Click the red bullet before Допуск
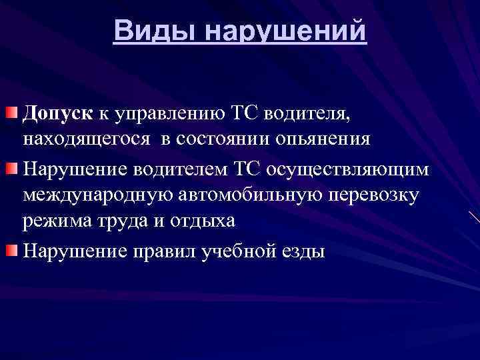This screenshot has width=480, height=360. click(x=12, y=111)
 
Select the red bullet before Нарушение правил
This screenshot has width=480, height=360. click(x=12, y=249)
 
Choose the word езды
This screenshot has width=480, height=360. click(x=307, y=252)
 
